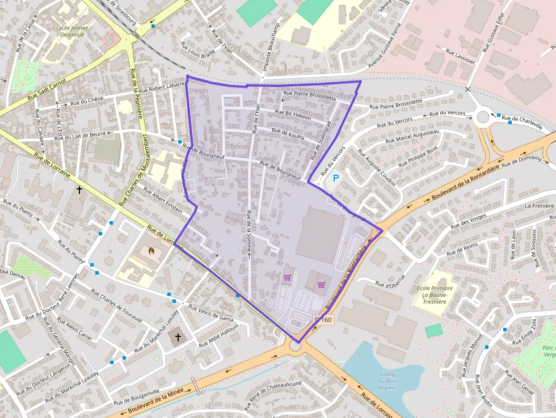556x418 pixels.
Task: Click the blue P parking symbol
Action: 335,178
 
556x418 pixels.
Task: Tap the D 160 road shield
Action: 323,320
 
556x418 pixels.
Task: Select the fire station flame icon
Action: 150,250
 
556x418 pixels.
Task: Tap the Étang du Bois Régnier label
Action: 387,381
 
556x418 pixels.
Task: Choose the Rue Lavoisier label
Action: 461,57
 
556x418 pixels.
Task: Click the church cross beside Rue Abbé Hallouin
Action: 178,337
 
